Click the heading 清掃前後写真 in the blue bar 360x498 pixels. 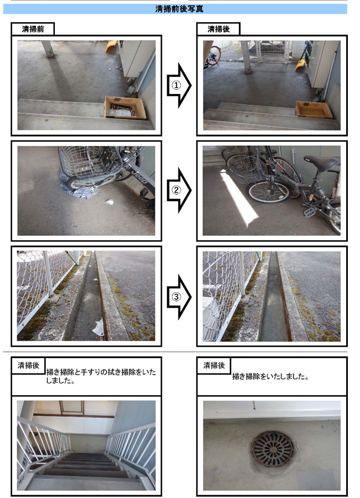point(179,8)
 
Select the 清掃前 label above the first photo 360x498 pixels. point(33,29)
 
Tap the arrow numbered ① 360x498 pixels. point(179,85)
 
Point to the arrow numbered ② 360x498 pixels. point(179,190)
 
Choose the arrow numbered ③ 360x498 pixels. point(179,297)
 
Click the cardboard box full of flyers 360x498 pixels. point(125,108)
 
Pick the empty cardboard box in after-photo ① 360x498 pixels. point(313,110)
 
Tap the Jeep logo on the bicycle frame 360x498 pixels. point(140,177)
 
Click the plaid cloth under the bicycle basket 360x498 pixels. point(78,188)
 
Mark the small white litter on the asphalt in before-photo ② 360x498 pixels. point(110,201)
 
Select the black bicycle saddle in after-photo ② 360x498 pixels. point(321,162)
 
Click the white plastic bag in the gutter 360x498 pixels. point(99,327)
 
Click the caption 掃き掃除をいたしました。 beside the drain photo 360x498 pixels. point(271,377)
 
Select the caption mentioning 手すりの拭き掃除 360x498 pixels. point(101,376)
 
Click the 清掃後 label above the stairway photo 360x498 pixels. point(28,365)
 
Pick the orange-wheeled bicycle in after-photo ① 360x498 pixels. point(213,56)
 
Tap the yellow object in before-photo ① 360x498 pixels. point(111,45)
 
